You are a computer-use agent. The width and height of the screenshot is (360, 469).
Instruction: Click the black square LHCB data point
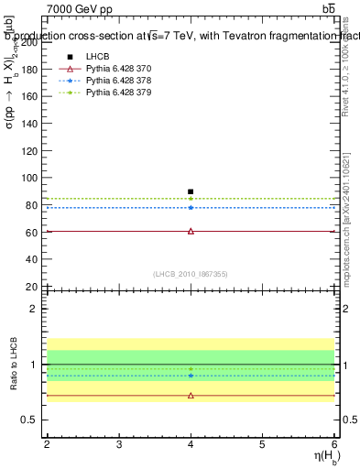pos(191,191)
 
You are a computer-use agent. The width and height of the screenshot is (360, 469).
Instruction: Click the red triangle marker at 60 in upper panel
pos(191,231)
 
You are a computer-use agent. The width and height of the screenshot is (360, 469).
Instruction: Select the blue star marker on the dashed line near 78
pos(191,207)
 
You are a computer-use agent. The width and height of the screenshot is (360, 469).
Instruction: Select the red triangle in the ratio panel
pos(191,396)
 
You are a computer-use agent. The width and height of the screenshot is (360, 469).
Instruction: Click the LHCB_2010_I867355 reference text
pos(191,274)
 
